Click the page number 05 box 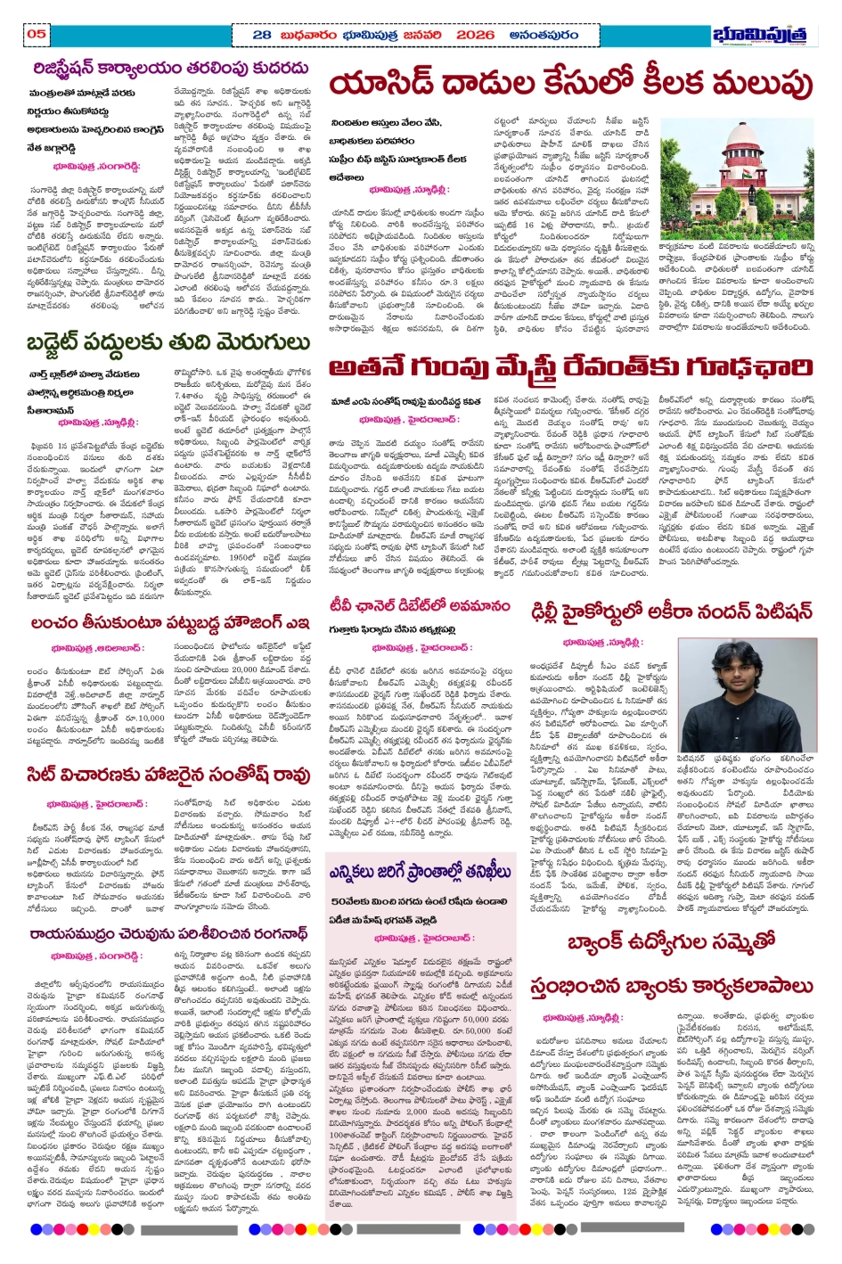[x=37, y=34]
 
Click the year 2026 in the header [x=475, y=35]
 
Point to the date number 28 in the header [x=262, y=35]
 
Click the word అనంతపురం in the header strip [x=543, y=35]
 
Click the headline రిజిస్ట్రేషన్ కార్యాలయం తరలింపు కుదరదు [x=170, y=68]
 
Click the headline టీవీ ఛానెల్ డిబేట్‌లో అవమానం [x=420, y=606]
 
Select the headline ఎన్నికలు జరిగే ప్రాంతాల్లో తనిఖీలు [x=420, y=871]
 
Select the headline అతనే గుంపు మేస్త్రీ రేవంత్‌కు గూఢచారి [x=570, y=367]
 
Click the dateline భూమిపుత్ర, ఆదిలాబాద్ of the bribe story [x=94, y=648]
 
